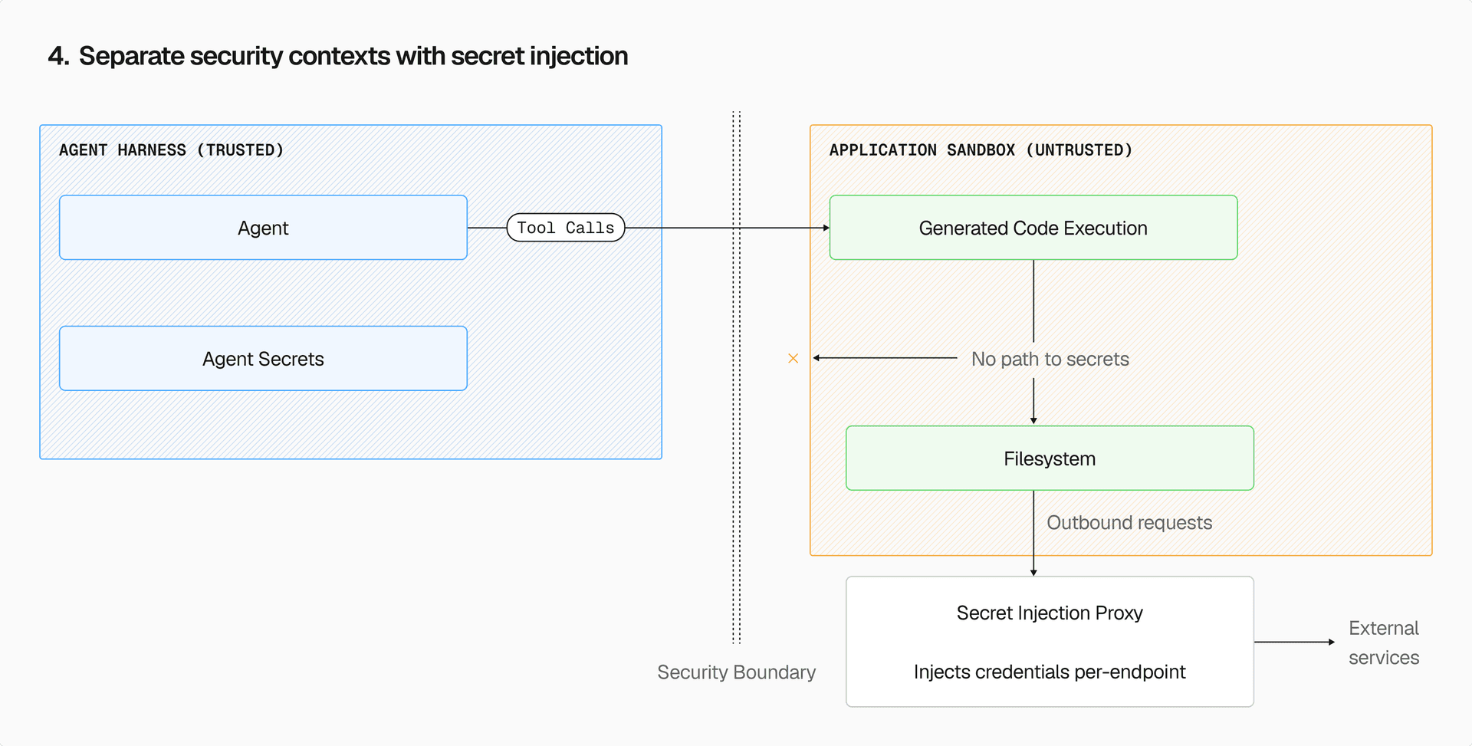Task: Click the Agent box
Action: coord(263,228)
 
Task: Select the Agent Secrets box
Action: coord(263,359)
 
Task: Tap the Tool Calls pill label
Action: coord(566,228)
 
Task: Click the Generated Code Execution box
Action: coord(1033,228)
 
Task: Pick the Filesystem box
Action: coord(1050,458)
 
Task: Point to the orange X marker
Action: coord(793,358)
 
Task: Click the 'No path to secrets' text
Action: coord(1050,359)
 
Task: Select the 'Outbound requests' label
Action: coord(1129,523)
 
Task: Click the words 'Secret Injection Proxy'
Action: coord(1050,613)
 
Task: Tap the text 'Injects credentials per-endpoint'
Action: coord(1050,672)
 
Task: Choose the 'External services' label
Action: coord(1383,642)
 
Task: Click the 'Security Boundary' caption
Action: coord(736,672)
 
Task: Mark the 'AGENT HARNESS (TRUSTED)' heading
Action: coord(172,150)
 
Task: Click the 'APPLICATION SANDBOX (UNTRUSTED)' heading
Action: coord(981,150)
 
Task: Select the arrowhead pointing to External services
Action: coord(1331,642)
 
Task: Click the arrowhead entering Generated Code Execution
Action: coord(826,228)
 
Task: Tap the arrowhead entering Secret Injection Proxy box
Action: coord(1033,572)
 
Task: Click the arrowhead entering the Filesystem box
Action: coord(1033,420)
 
